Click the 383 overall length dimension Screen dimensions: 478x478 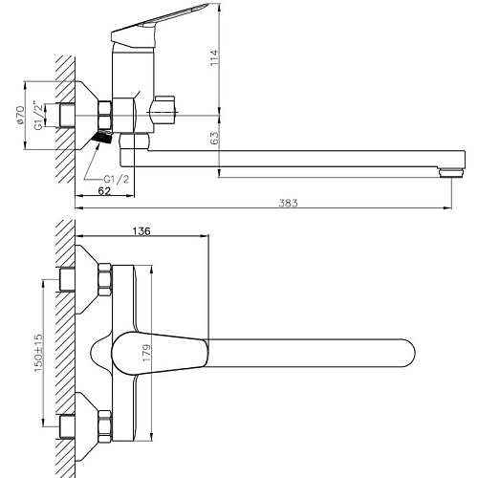288,203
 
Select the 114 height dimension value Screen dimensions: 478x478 214,57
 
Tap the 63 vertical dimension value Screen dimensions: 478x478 215,138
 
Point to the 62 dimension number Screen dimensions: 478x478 104,190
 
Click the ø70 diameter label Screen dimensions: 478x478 20,115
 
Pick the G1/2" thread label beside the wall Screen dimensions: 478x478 38,115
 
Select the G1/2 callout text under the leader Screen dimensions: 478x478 117,179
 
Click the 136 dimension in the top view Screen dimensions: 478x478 141,230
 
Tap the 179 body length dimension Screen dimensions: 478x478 147,353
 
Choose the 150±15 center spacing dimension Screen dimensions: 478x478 38,353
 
